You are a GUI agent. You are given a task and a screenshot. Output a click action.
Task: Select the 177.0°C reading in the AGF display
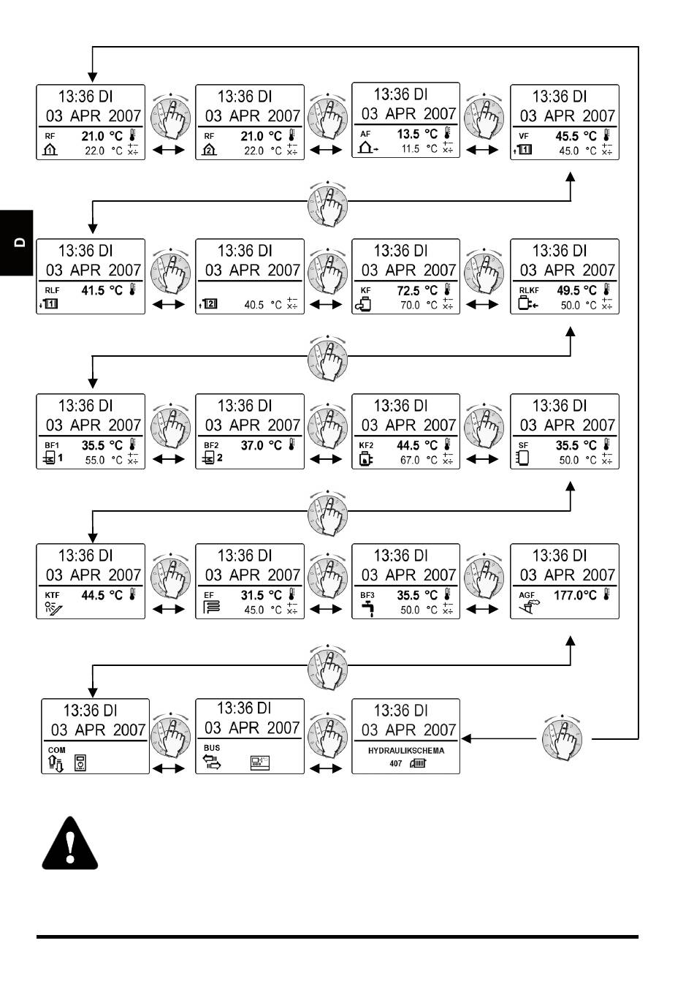click(575, 595)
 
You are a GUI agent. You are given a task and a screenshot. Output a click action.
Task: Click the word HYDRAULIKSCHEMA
click(406, 750)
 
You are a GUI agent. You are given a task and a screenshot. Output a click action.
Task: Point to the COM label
click(56, 750)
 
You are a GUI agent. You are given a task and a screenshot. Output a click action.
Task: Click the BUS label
click(212, 748)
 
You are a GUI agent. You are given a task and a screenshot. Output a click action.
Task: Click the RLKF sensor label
click(529, 290)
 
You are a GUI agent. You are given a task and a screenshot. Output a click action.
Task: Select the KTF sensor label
click(52, 596)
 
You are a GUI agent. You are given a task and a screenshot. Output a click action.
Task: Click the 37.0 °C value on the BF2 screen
click(261, 445)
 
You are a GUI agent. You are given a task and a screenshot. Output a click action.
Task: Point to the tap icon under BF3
click(367, 609)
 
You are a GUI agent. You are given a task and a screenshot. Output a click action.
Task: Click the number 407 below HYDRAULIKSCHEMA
click(395, 763)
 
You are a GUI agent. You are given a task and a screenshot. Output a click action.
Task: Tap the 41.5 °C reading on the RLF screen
click(102, 291)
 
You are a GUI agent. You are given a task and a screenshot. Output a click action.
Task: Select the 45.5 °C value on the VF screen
click(576, 137)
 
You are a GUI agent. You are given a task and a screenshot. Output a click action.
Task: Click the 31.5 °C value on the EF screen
click(261, 596)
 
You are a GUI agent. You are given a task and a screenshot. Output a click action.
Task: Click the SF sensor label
click(523, 445)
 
